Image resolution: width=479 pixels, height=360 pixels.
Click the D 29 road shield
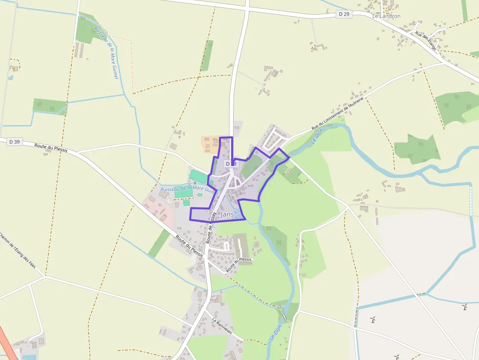344,14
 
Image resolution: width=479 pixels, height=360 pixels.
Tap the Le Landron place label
386,16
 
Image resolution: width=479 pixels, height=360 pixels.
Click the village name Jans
227,214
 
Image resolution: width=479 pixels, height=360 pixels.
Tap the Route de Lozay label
211,228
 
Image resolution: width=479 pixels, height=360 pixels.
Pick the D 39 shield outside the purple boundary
14,142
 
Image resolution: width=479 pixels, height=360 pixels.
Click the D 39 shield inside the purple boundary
231,163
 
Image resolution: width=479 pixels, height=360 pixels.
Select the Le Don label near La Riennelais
275,331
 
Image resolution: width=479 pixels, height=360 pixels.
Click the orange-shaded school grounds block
211,144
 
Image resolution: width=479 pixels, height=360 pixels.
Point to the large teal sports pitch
198,177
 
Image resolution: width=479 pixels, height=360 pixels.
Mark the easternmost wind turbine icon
464,307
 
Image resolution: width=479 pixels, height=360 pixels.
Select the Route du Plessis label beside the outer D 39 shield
51,147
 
